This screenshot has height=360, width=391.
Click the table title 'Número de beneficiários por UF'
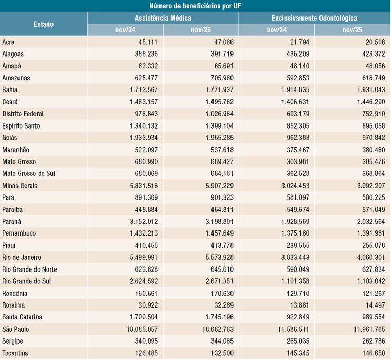click(x=195, y=6)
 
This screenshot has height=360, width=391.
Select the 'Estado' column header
click(x=44, y=24)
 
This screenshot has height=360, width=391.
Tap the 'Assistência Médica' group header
click(x=163, y=18)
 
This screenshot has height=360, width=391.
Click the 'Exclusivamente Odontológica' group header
click(x=314, y=18)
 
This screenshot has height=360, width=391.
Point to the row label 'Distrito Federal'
click(x=23, y=114)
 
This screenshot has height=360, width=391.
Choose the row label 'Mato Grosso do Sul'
click(x=28, y=173)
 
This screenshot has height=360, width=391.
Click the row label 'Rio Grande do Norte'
click(x=29, y=269)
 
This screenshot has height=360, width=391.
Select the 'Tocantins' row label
click(x=15, y=353)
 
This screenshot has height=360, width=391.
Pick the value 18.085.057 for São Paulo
click(x=142, y=329)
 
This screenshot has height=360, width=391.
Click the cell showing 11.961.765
click(x=369, y=329)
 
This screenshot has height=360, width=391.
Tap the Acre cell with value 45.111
click(x=148, y=42)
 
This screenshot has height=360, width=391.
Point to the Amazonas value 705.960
click(x=222, y=78)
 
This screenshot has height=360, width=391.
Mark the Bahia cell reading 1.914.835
click(x=295, y=90)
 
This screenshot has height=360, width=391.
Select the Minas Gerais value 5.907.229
click(x=220, y=186)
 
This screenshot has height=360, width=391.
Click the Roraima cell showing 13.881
click(x=299, y=305)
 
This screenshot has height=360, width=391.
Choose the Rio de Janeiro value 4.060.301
click(x=371, y=257)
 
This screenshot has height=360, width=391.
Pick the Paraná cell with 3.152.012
click(x=144, y=221)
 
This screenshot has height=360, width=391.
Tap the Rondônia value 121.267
click(x=374, y=293)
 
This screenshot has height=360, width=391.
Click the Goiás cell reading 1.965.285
click(x=220, y=138)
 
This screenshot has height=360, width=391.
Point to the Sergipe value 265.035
click(x=298, y=341)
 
